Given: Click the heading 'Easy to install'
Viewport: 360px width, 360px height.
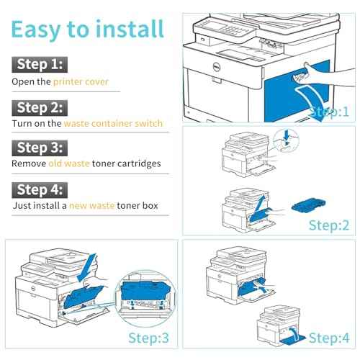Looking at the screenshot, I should coord(87,29).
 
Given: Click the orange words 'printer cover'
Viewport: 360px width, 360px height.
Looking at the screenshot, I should coord(81,82).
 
